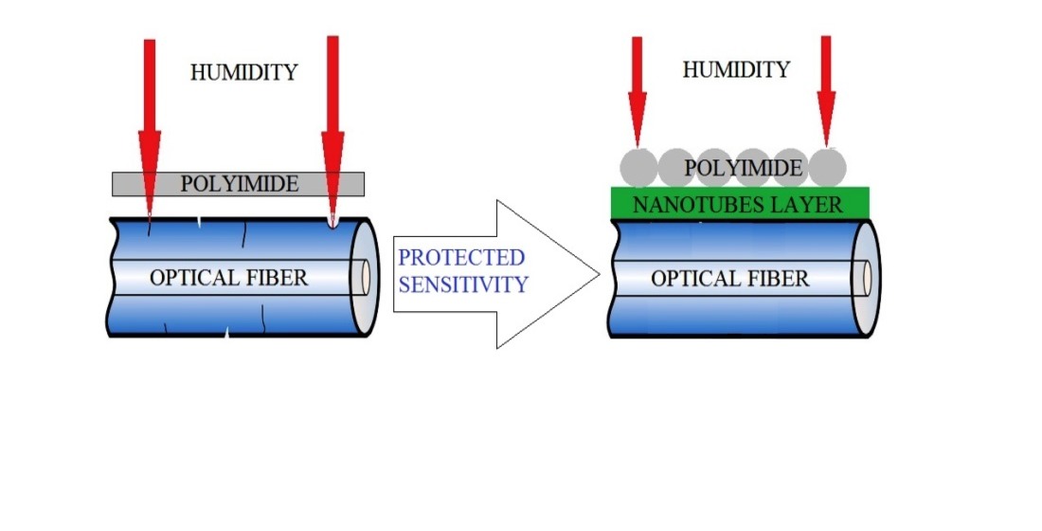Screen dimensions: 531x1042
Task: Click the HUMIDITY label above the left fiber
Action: click(243, 72)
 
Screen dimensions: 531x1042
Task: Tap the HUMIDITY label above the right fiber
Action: click(736, 69)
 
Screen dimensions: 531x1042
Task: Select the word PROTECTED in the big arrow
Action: click(461, 257)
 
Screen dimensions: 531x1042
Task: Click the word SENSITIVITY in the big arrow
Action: click(463, 284)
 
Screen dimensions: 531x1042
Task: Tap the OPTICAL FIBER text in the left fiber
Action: click(229, 278)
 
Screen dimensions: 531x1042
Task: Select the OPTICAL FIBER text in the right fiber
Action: click(730, 278)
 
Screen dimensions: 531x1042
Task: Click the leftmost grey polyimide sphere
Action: click(638, 168)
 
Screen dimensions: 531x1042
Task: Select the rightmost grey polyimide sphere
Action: click(827, 168)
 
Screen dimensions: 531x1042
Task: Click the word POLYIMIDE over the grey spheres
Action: click(744, 169)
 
